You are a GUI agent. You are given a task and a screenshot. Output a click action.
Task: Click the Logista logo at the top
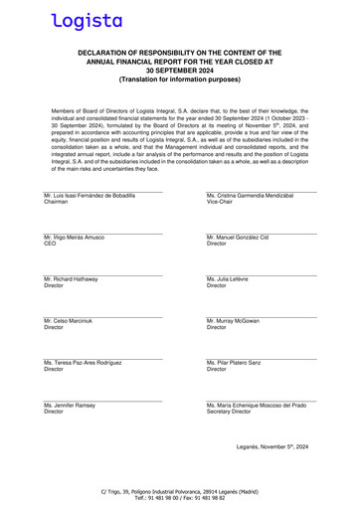[88, 19]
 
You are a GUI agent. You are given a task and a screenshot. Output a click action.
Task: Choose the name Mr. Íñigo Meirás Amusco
[75, 238]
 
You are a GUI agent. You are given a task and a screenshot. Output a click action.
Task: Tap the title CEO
[50, 245]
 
